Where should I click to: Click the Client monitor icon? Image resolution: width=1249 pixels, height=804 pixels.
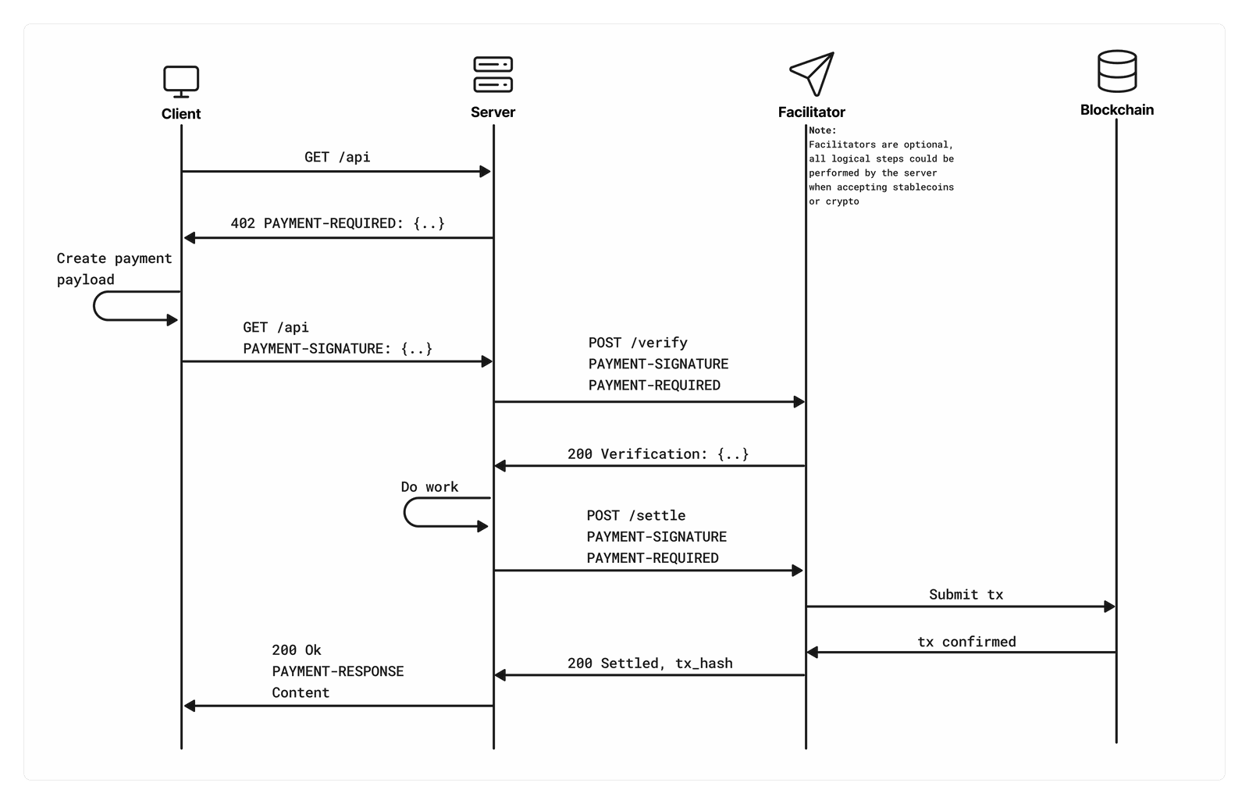[x=181, y=82]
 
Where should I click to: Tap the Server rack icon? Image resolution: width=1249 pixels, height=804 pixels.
[x=493, y=74]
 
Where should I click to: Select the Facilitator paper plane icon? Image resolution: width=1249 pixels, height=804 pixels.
[x=813, y=74]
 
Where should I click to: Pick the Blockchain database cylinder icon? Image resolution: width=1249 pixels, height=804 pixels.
[x=1117, y=71]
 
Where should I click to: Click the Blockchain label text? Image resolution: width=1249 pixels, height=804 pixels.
[x=1117, y=110]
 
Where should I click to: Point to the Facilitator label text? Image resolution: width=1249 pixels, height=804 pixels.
[x=811, y=112]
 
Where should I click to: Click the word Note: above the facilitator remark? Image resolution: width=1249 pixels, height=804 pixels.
[x=823, y=130]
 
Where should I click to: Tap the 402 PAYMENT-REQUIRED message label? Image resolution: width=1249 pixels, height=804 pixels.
[x=337, y=223]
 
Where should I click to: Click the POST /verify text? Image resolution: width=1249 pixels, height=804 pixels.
[x=638, y=343]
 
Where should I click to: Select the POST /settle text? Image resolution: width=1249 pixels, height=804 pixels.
[x=636, y=515]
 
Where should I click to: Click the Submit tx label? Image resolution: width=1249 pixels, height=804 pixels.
[x=966, y=594]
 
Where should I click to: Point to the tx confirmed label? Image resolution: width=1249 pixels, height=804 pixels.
[x=967, y=642]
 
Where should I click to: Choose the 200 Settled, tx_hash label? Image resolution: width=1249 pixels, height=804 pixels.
[x=650, y=663]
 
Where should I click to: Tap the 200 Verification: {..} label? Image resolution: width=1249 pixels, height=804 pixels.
[x=658, y=454]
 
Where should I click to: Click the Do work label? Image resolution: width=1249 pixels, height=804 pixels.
[x=429, y=487]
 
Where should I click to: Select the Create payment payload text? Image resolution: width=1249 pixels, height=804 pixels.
[x=114, y=269]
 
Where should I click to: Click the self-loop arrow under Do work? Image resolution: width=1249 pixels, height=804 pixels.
[x=405, y=512]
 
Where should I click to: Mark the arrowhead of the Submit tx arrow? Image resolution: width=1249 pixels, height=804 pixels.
[x=1109, y=607]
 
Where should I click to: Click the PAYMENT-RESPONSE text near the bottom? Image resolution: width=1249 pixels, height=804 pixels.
[x=338, y=671]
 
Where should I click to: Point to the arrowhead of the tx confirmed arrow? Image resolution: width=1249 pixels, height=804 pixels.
[x=813, y=653]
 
